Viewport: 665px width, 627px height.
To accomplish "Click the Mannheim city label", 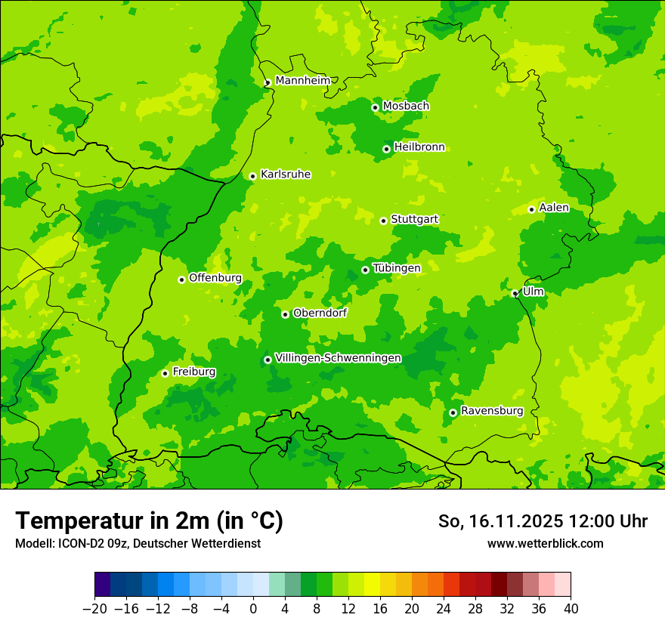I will click(x=302, y=81).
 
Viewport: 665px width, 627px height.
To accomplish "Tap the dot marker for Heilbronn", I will click(x=386, y=149).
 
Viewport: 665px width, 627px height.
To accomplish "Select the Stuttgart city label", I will click(x=414, y=219).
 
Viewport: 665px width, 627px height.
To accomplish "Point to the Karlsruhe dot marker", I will click(x=252, y=176).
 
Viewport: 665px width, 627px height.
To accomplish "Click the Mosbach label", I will click(x=406, y=107).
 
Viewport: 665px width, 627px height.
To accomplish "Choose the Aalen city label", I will click(x=554, y=208).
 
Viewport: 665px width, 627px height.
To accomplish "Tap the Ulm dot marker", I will click(x=515, y=293).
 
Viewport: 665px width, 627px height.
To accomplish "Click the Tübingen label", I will click(x=397, y=268).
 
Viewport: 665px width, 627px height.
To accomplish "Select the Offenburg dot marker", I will click(x=181, y=280).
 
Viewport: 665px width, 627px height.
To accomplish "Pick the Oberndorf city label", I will click(x=320, y=313).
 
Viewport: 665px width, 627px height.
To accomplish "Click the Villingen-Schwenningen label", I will click(x=338, y=358).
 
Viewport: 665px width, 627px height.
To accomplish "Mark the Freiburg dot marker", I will click(x=165, y=373).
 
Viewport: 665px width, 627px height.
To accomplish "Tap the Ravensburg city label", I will click(x=492, y=411).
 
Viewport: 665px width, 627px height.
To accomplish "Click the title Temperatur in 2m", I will click(x=149, y=520).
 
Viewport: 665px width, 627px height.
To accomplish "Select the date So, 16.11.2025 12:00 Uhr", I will click(x=543, y=521).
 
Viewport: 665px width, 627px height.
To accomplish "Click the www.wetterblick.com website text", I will click(x=545, y=543).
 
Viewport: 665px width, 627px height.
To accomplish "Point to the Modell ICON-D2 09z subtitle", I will click(x=138, y=543).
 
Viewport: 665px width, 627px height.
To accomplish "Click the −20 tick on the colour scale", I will click(x=94, y=609).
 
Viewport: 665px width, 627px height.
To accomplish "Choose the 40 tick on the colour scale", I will click(x=571, y=609).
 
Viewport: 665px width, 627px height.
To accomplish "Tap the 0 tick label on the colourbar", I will click(x=253, y=609).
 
